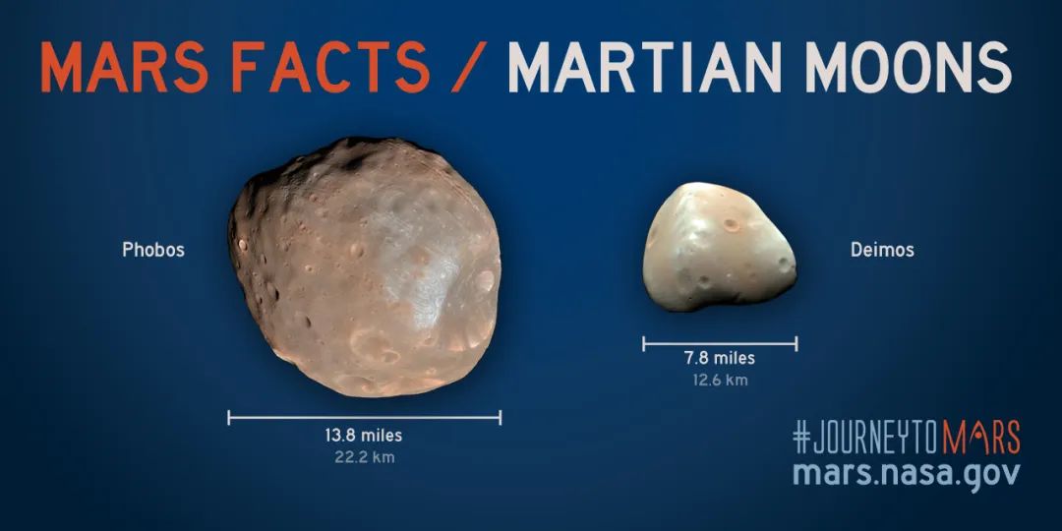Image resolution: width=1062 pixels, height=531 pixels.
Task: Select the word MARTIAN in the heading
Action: [x=646, y=67]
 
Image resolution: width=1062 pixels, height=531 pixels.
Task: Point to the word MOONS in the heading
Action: [x=908, y=67]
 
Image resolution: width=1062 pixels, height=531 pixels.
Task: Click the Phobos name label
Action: [x=153, y=250]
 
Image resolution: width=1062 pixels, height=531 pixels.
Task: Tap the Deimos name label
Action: [x=882, y=250]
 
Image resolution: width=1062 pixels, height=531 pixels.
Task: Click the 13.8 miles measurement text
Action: [x=364, y=435]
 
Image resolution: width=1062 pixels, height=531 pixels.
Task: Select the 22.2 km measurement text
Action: [x=365, y=457]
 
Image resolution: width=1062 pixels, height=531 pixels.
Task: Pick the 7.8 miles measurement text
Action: [x=719, y=358]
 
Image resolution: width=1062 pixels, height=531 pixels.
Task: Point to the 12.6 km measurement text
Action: [x=719, y=380]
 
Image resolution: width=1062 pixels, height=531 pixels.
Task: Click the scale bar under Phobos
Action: [x=365, y=417]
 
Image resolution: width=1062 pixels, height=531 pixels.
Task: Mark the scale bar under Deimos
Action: [x=720, y=344]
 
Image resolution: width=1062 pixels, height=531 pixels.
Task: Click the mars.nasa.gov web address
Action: [x=907, y=473]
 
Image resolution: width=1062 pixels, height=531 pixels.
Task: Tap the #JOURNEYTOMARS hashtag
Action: [x=907, y=438]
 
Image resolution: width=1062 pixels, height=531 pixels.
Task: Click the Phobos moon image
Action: [x=365, y=266]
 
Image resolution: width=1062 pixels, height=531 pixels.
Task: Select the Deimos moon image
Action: [x=719, y=247]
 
